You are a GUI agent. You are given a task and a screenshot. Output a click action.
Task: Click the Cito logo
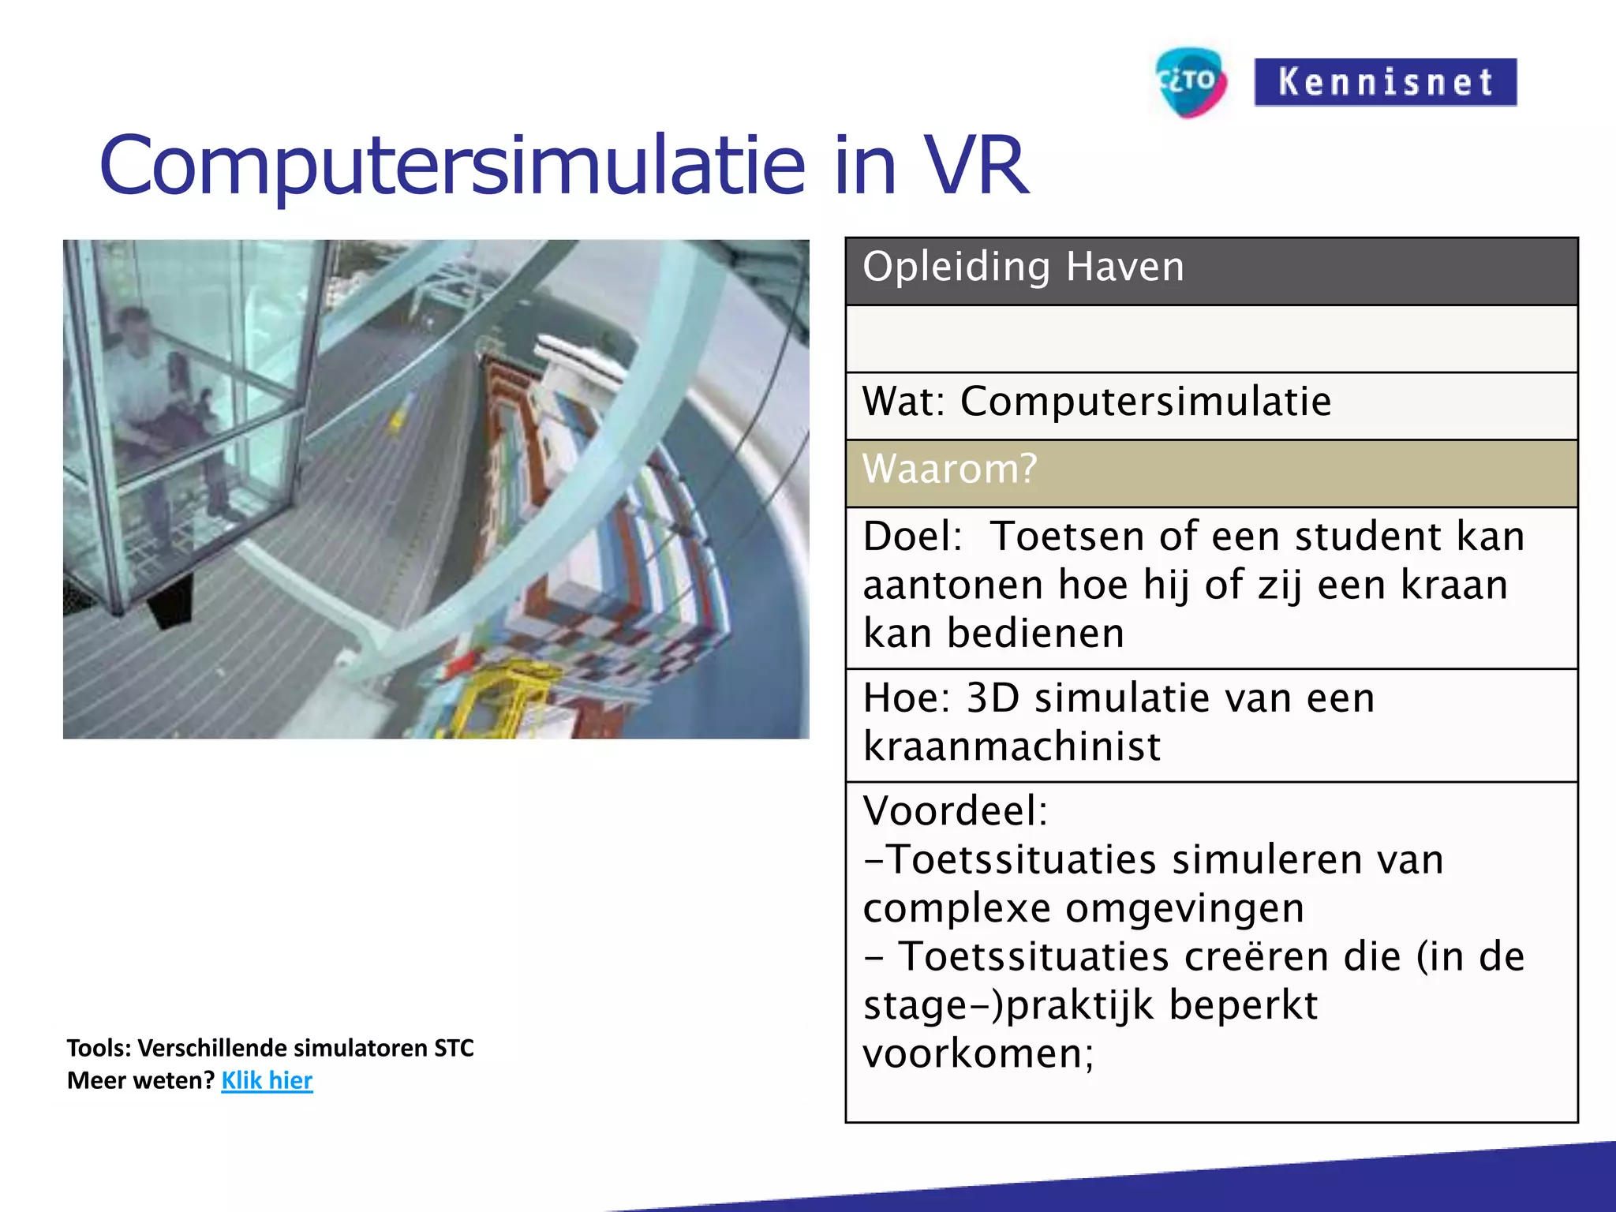pyautogui.click(x=1191, y=81)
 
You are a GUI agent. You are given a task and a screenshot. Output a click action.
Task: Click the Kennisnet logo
pyautogui.click(x=1385, y=82)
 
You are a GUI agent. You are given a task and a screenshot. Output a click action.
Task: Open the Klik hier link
pyautogui.click(x=267, y=1080)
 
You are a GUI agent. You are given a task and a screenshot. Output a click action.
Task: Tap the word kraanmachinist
pyautogui.click(x=1012, y=746)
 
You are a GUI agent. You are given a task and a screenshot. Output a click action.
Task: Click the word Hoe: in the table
pyautogui.click(x=907, y=698)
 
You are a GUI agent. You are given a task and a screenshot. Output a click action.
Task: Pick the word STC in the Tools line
pyautogui.click(x=454, y=1048)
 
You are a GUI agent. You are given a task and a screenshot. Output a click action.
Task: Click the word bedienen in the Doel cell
pyautogui.click(x=1035, y=634)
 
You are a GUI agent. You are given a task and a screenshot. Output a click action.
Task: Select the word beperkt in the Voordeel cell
pyautogui.click(x=1243, y=1005)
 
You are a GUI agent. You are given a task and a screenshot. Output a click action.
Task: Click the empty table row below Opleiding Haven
pyautogui.click(x=1211, y=339)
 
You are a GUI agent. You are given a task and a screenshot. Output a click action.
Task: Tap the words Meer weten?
pyautogui.click(x=140, y=1080)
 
